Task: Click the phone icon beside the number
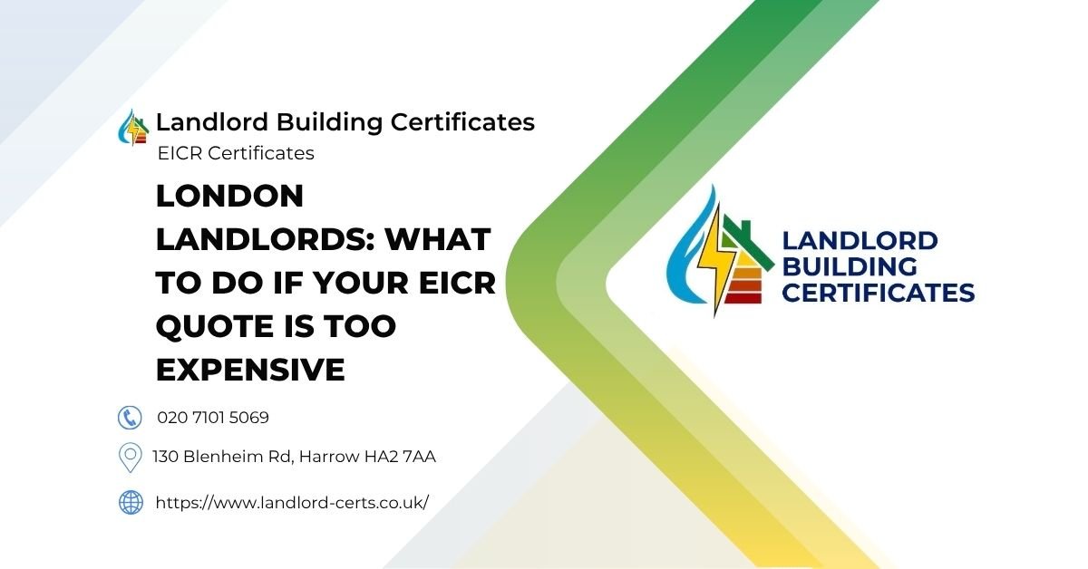(x=131, y=418)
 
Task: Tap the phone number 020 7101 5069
(x=213, y=418)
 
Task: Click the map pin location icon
(x=131, y=457)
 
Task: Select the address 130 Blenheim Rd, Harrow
(x=294, y=457)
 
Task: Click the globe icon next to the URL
(x=131, y=502)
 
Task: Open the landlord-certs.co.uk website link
(x=292, y=502)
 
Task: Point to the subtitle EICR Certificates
(x=236, y=153)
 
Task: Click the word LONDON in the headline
(x=229, y=196)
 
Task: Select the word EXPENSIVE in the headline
(x=250, y=370)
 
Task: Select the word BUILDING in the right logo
(x=849, y=266)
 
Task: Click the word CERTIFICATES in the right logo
(x=878, y=292)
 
